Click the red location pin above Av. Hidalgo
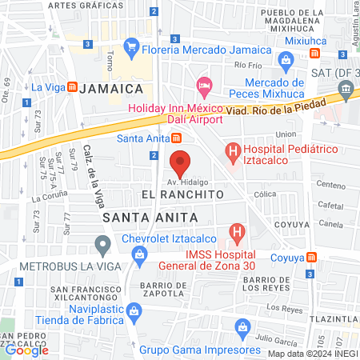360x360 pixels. [x=180, y=164]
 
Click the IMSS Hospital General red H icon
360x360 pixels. [x=237, y=234]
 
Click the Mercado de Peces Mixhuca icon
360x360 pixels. [x=285, y=60]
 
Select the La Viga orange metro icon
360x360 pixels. [x=72, y=86]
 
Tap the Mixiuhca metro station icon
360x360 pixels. [x=315, y=54]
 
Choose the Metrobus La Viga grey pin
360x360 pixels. [x=102, y=243]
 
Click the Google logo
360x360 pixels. [x=27, y=350]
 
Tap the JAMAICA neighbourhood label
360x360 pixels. [x=111, y=87]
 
